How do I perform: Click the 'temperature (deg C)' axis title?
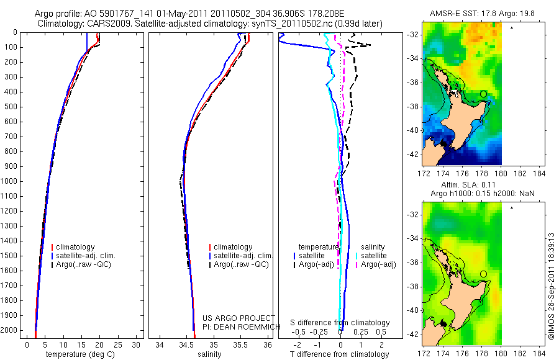point(83,354)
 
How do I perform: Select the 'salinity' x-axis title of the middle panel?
point(208,354)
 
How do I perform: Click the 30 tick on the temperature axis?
point(137,344)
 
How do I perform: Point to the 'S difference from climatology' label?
point(340,323)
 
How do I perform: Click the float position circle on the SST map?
point(483,94)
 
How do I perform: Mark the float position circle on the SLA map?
point(483,274)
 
